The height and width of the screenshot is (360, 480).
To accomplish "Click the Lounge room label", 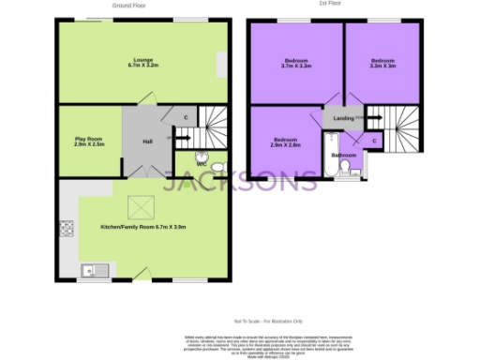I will click(x=143, y=63).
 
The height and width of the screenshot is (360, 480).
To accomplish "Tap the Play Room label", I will click(x=90, y=142).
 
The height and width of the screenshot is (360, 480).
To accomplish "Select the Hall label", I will click(x=147, y=142).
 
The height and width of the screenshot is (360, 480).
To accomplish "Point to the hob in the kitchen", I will click(x=67, y=227).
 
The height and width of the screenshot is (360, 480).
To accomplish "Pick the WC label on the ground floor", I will click(x=202, y=165).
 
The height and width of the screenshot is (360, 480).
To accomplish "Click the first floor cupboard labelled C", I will click(x=375, y=141).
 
